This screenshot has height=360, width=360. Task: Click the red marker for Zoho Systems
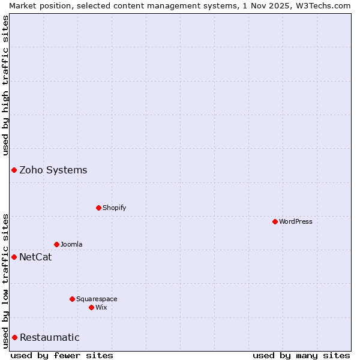(14, 170)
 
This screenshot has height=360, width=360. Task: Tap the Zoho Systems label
(53, 170)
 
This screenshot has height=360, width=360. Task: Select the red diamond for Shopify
(98, 208)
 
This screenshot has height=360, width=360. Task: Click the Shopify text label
(114, 208)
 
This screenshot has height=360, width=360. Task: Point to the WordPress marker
(275, 221)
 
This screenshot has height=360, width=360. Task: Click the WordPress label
(295, 221)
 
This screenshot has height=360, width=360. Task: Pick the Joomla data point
(56, 244)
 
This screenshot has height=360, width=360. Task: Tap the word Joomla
(71, 244)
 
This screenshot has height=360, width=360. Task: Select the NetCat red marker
(14, 257)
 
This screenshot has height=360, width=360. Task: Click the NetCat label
(35, 257)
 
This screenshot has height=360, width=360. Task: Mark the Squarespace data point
(72, 299)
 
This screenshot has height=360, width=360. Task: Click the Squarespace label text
(97, 299)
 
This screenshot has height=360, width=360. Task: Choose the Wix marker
(91, 307)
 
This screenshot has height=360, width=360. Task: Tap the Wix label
(101, 307)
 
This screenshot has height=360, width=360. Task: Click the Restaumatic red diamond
(14, 338)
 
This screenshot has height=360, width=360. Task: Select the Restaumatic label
(49, 338)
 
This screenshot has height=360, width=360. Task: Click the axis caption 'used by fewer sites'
(62, 355)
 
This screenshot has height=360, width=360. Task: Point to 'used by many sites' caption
(301, 355)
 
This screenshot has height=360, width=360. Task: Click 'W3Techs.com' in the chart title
(326, 5)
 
